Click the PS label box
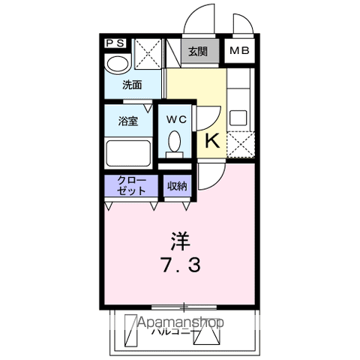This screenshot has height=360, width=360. tap(115, 43)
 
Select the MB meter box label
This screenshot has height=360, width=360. tap(239, 52)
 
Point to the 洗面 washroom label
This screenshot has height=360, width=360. tap(133, 84)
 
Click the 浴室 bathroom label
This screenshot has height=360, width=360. tap(127, 121)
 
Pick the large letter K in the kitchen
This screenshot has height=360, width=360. tap(211, 141)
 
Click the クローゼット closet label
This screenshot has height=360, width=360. tap(130, 185)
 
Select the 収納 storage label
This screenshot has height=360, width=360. tap(176, 186)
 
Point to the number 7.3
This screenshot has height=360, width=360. tap(179, 265)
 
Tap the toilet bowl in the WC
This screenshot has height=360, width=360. tap(175, 142)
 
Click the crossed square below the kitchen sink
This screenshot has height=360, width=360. tap(240, 143)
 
